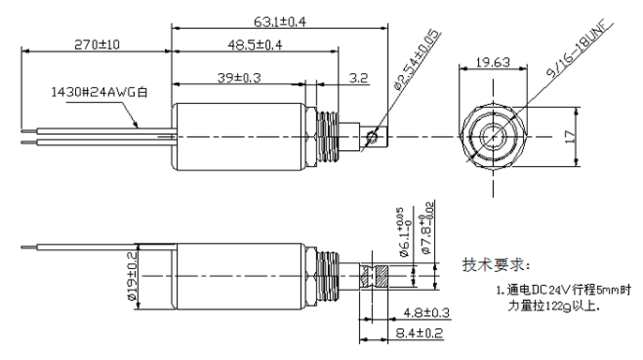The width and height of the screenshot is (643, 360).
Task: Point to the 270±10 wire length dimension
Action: [x=96, y=44]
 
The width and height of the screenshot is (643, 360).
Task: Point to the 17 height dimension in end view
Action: [x=568, y=137]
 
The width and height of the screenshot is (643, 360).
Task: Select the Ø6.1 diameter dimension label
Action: [x=399, y=234]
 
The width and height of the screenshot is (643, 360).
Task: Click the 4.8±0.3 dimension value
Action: [x=425, y=312]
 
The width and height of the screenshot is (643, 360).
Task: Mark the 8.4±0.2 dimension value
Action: [x=419, y=333]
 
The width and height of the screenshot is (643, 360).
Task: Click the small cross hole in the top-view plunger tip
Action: [x=374, y=137]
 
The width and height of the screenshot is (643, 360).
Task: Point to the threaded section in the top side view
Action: [x=326, y=137]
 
